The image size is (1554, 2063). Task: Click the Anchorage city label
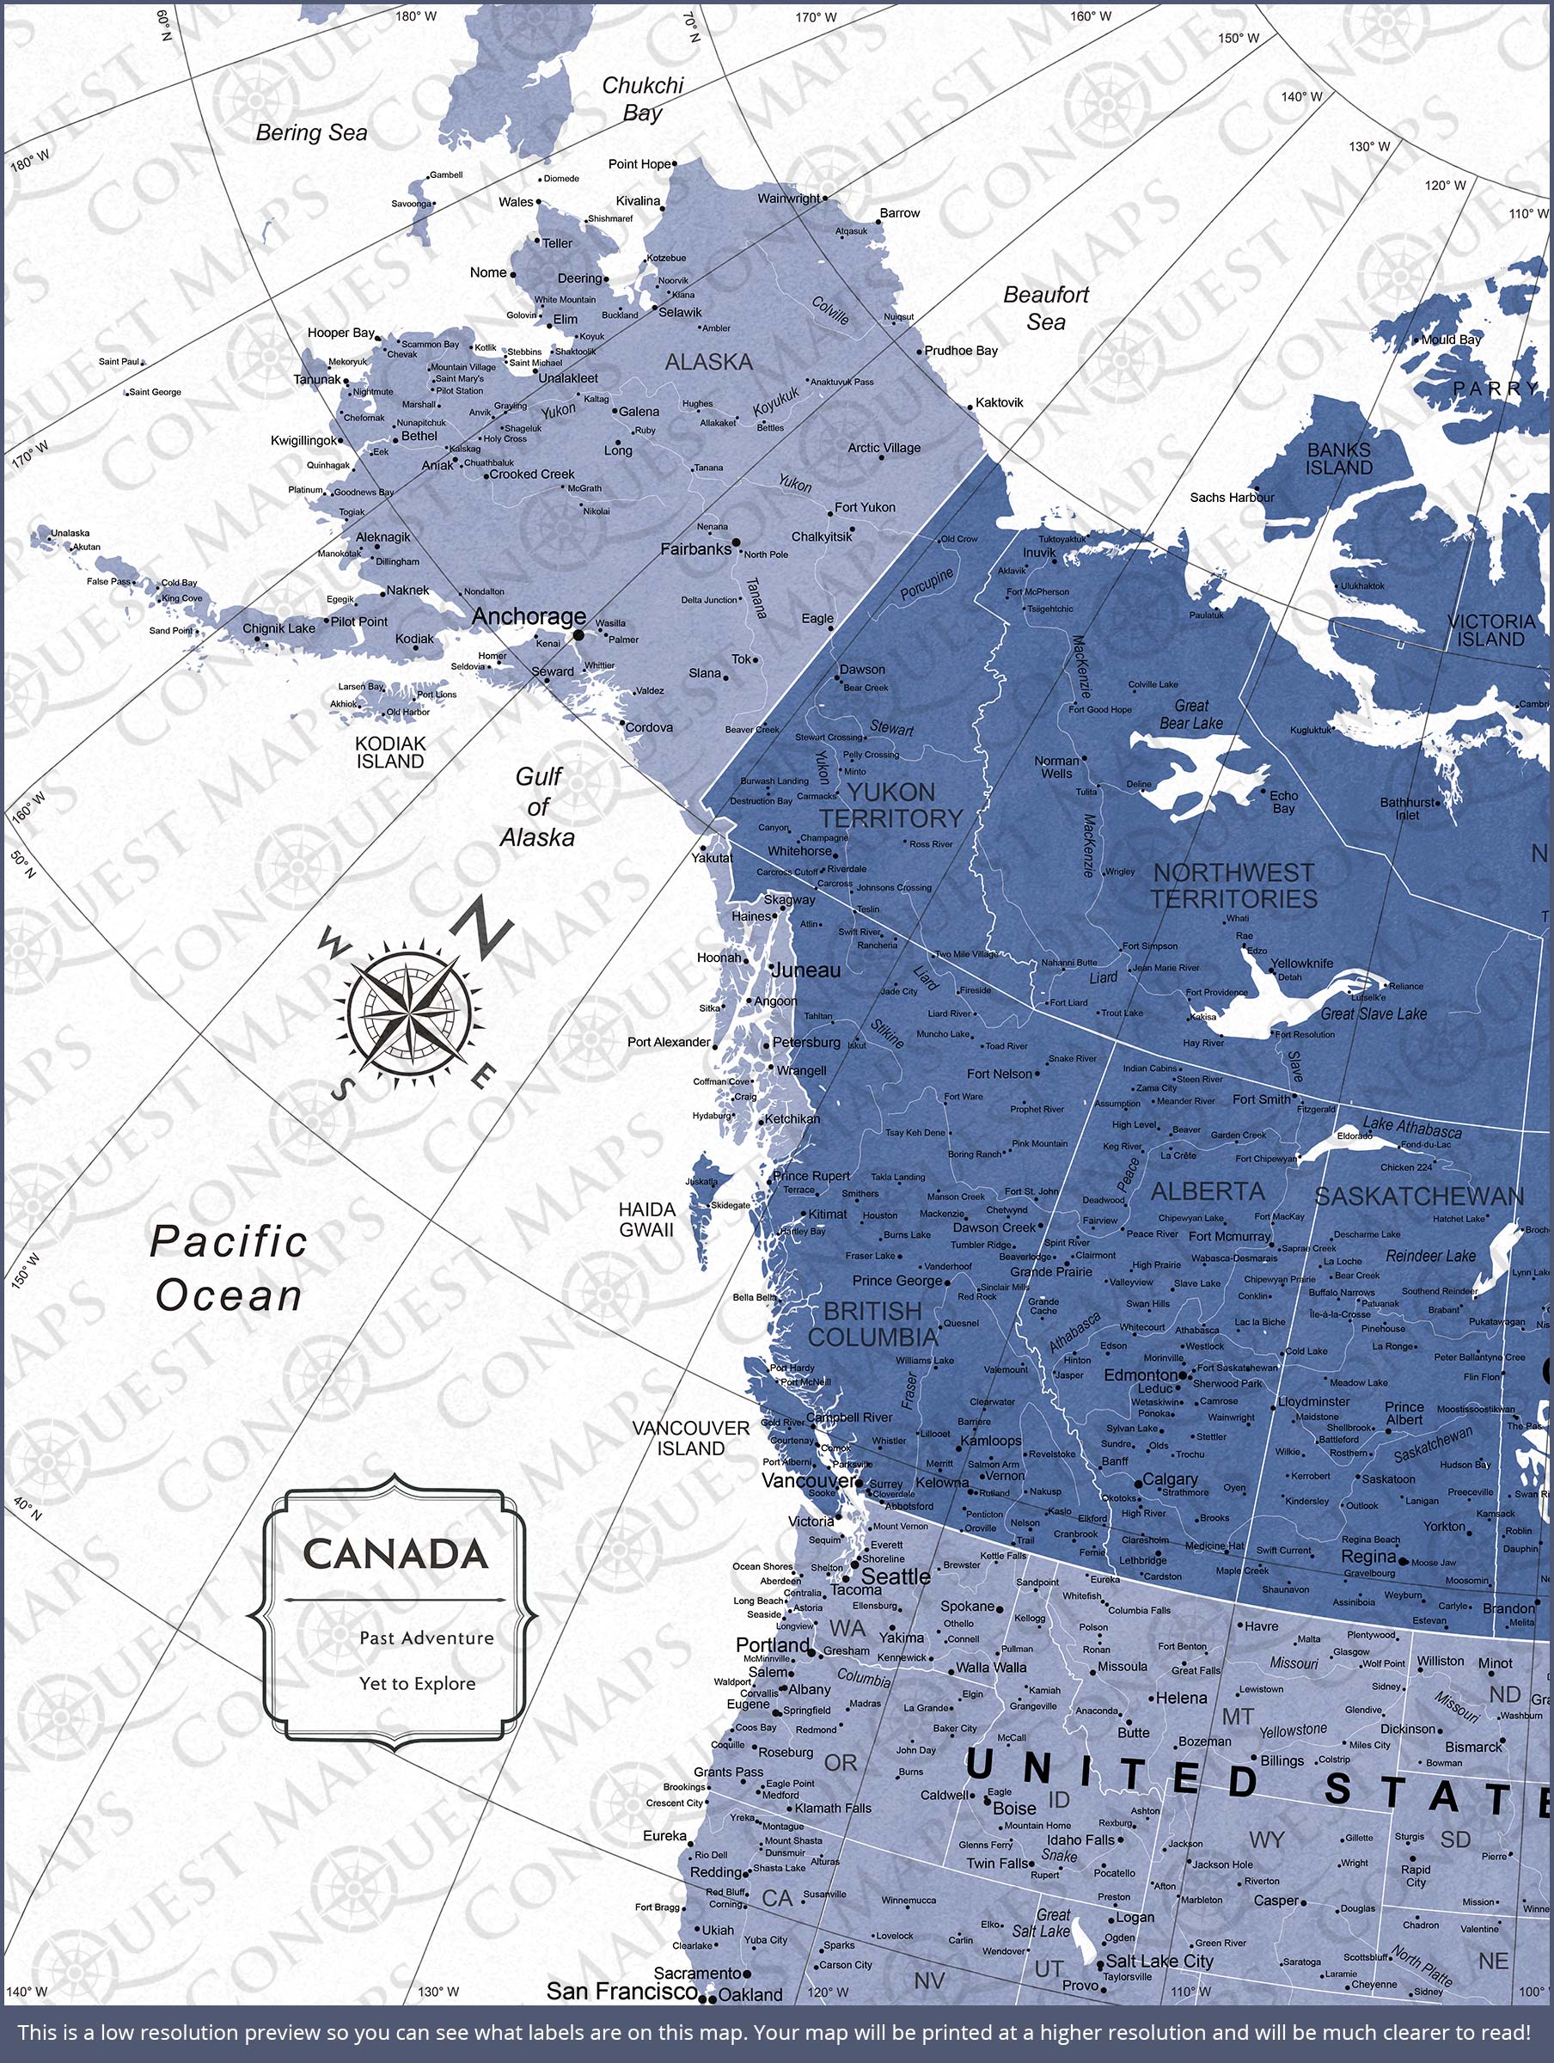[528, 616]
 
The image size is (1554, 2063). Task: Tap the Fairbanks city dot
[736, 542]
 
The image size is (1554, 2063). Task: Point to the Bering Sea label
[311, 133]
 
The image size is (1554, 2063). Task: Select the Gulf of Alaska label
[538, 807]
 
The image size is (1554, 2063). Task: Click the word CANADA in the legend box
[395, 1555]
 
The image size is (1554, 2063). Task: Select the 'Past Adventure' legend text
[426, 1638]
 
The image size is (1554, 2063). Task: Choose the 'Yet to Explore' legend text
[417, 1683]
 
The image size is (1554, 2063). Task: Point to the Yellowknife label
[1302, 964]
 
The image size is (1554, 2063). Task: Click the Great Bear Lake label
[1191, 714]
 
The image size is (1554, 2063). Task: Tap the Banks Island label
[1338, 459]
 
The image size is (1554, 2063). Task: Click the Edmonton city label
[1141, 1375]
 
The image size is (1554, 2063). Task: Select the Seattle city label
[896, 1577]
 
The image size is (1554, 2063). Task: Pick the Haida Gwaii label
[646, 1220]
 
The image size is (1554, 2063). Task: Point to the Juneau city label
[806, 970]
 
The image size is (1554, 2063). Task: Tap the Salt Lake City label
[1159, 1962]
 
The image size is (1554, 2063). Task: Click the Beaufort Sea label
[1047, 308]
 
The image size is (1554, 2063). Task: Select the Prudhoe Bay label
[962, 351]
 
